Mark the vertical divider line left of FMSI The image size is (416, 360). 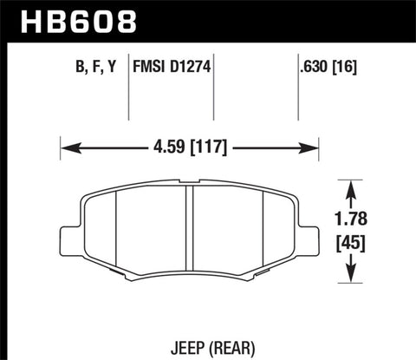129,87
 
